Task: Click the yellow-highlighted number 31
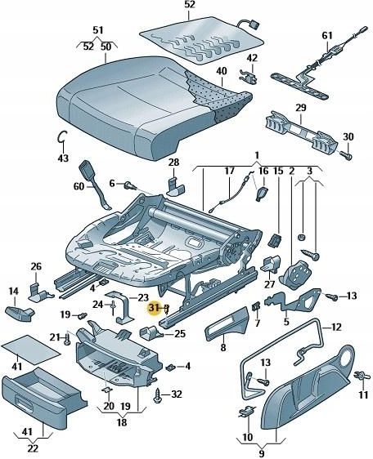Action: click(153, 308)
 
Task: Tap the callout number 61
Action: click(328, 35)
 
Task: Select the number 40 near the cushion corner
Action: click(221, 71)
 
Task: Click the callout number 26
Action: click(36, 266)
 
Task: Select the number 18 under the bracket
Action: click(123, 423)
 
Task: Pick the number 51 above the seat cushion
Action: click(98, 30)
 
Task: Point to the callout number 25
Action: click(180, 333)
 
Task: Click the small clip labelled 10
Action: click(245, 412)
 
